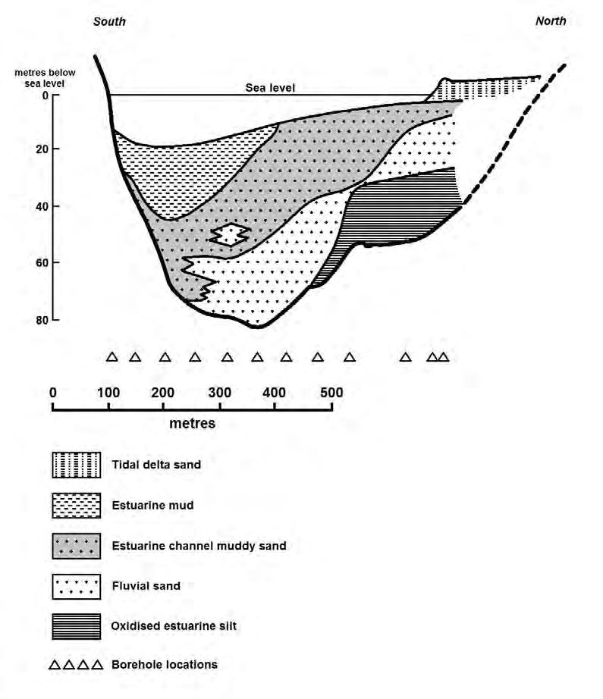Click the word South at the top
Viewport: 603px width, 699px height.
point(109,21)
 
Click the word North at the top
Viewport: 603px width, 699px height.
point(550,20)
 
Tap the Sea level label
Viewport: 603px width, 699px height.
point(269,87)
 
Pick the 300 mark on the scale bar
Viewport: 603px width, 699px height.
point(220,392)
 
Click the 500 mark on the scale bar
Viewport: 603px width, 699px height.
point(331,392)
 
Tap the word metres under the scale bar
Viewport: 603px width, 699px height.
point(192,423)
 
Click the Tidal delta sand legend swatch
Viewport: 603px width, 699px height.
point(77,464)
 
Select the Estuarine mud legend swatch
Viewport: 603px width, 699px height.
point(77,505)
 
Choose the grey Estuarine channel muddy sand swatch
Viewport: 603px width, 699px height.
point(77,546)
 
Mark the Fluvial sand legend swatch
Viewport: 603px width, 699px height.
point(77,586)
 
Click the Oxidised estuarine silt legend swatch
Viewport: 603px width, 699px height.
point(77,626)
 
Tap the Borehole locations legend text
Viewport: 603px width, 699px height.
point(164,665)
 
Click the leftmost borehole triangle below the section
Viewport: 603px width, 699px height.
point(111,357)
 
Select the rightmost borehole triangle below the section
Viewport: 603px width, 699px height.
point(443,357)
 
